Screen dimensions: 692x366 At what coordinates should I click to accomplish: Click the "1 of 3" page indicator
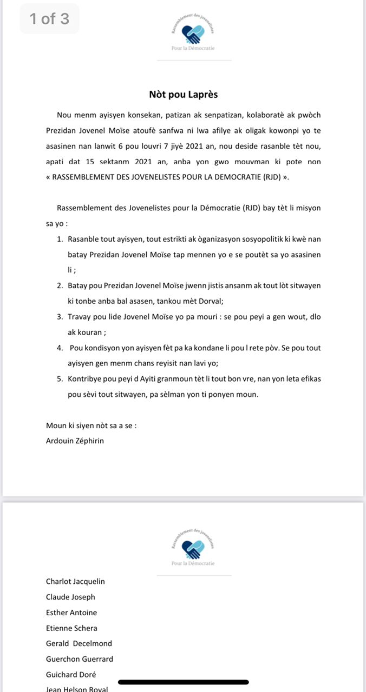49,19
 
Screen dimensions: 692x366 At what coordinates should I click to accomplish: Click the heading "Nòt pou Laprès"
183,95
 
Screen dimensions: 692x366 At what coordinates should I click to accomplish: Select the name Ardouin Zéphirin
75,441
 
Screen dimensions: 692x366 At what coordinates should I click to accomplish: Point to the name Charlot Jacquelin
75,582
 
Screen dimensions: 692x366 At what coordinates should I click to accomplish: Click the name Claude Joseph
70,597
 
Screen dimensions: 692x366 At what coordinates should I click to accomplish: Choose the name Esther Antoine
71,613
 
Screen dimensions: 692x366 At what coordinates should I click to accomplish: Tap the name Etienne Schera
71,628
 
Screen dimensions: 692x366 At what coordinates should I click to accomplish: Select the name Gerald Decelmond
79,644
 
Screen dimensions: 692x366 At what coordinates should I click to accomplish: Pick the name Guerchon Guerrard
80,659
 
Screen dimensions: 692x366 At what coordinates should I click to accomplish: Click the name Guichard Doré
71,675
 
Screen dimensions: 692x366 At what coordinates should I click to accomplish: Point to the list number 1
60,239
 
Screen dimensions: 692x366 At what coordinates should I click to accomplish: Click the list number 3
60,317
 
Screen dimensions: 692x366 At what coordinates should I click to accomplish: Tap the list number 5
60,379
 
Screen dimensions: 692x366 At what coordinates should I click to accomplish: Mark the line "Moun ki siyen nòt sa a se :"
91,425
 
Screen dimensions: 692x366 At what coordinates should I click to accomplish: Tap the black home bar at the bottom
183,682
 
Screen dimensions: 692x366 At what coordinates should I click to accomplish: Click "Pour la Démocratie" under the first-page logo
193,48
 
